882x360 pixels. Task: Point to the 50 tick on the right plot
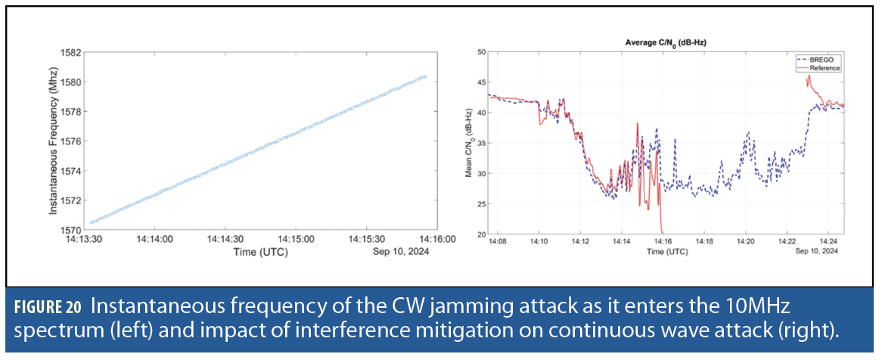(480, 51)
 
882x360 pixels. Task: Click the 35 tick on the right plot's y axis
(480, 143)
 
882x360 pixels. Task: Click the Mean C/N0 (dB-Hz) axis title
(469, 143)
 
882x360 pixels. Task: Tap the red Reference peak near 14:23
(809, 76)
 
